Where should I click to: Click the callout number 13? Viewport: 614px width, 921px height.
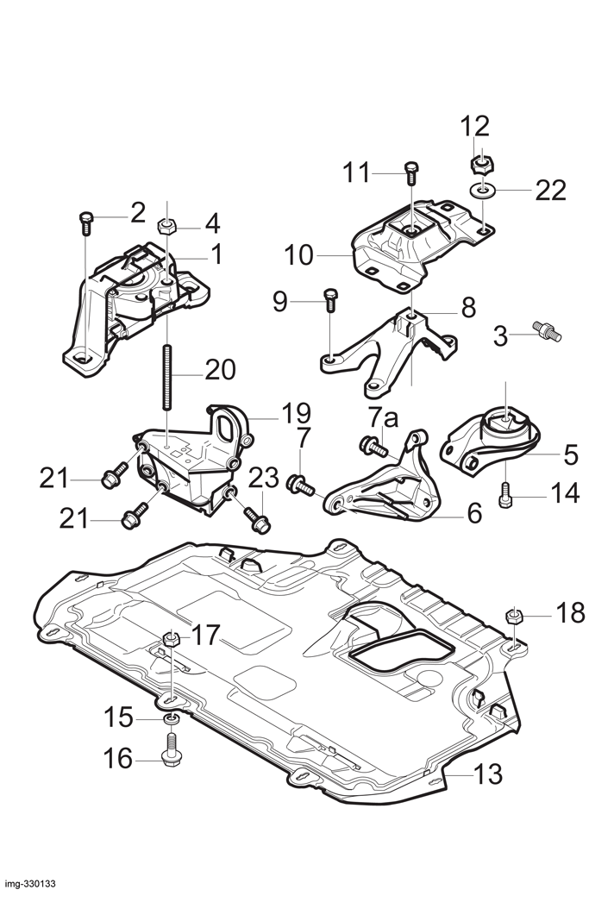pyautogui.click(x=488, y=774)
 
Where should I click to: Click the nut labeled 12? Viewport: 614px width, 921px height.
pyautogui.click(x=481, y=164)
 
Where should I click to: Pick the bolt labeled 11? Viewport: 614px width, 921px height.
pyautogui.click(x=411, y=172)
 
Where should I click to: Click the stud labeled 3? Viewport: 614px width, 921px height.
pyautogui.click(x=547, y=329)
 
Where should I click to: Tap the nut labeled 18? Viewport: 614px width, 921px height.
pyautogui.click(x=514, y=616)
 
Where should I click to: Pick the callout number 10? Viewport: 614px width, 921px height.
pyautogui.click(x=299, y=255)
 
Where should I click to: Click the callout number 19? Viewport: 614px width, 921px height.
pyautogui.click(x=296, y=413)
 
